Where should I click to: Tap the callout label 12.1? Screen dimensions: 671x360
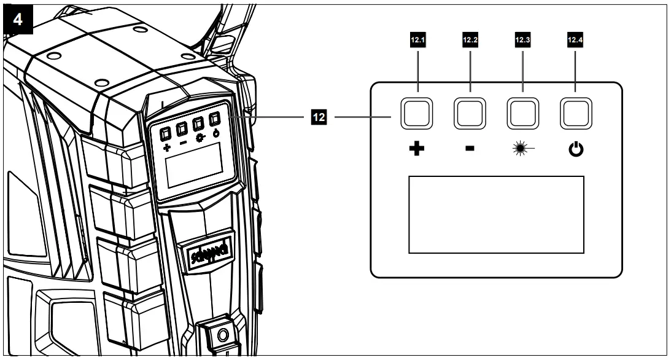[x=417, y=42]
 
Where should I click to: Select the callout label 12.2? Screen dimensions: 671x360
[x=469, y=42]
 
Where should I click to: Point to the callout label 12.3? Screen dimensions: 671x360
[x=522, y=42]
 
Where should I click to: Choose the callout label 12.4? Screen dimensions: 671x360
[x=575, y=42]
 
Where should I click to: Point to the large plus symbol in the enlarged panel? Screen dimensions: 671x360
[x=417, y=149]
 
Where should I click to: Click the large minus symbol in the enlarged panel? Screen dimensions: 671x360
[x=470, y=149]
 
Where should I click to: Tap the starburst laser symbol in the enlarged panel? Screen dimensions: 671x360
[x=522, y=149]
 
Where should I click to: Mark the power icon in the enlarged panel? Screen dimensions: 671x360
[x=576, y=149]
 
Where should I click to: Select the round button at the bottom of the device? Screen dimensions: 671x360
[x=222, y=336]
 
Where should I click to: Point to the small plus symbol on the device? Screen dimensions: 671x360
[x=166, y=148]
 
